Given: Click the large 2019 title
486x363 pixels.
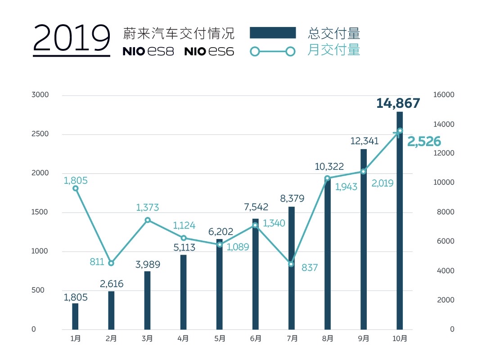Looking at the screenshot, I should (x=72, y=40).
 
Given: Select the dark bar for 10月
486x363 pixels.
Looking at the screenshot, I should (x=400, y=220).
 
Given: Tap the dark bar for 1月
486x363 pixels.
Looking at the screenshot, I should (x=75, y=316).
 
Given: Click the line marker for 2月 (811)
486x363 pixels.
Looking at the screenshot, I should (x=112, y=263).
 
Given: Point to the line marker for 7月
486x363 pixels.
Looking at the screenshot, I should (x=291, y=264).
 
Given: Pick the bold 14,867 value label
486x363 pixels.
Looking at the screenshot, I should (x=398, y=103).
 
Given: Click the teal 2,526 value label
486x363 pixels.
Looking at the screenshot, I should (x=424, y=142).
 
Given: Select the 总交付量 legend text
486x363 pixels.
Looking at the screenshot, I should (x=334, y=33).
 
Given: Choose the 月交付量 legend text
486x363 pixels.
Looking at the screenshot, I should (x=334, y=50).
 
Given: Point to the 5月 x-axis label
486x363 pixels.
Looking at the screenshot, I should (x=219, y=339).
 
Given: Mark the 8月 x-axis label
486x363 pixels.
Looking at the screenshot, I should (x=328, y=339).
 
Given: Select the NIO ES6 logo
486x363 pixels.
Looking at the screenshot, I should (x=209, y=52).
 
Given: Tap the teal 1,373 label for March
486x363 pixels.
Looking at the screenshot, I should (x=147, y=208).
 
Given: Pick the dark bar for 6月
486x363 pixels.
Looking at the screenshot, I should (x=256, y=274).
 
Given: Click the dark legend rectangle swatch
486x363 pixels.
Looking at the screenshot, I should (x=273, y=33).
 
